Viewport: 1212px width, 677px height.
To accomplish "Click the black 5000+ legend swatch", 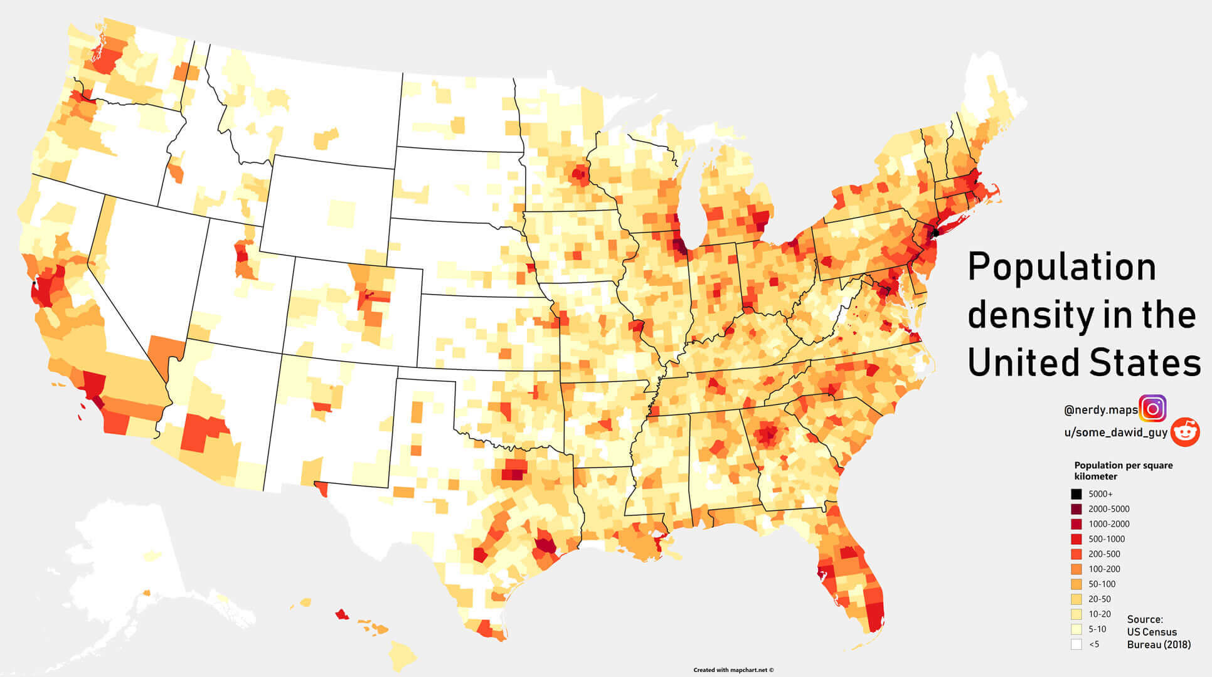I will [1076, 494].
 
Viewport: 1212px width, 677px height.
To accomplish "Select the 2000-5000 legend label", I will [1109, 509].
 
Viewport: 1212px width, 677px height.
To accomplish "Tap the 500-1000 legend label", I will [1107, 539].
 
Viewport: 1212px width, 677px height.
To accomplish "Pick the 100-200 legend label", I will [1104, 569].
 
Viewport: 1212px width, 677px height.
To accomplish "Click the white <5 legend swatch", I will [1076, 644].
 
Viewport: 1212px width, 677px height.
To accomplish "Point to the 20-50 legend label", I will [1100, 599].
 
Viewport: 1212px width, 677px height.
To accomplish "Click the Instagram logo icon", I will [1152, 409].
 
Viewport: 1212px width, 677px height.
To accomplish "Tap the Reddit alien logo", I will [1185, 432].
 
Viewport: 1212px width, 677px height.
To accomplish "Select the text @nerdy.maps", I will [1100, 411].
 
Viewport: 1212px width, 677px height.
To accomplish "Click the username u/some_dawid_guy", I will [1115, 433].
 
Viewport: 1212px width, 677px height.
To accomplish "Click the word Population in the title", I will [1061, 267].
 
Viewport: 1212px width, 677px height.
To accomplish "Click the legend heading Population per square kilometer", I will [1123, 471].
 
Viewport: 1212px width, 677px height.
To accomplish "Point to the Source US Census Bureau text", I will [1158, 632].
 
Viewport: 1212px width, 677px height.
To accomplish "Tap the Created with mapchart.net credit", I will [733, 670].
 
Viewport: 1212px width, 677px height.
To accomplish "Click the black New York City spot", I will [935, 233].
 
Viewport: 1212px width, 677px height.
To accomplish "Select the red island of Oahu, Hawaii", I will [342, 614].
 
